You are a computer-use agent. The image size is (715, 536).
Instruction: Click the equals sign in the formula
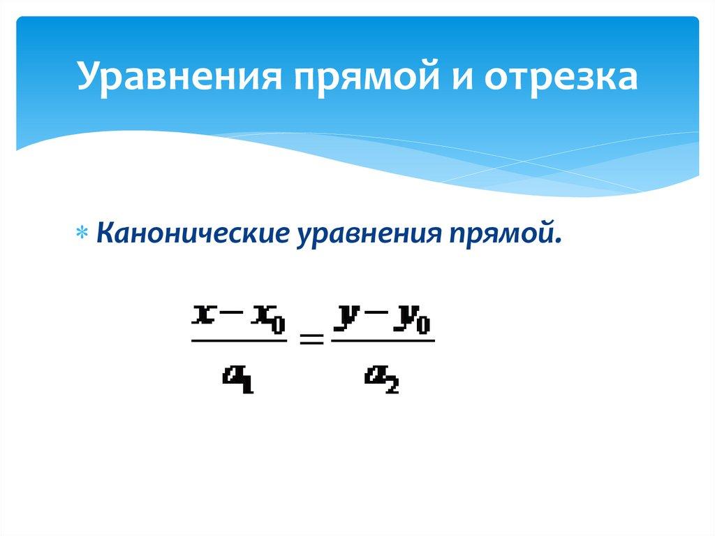click(x=311, y=340)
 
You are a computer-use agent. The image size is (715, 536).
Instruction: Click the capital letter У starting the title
click(x=89, y=78)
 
